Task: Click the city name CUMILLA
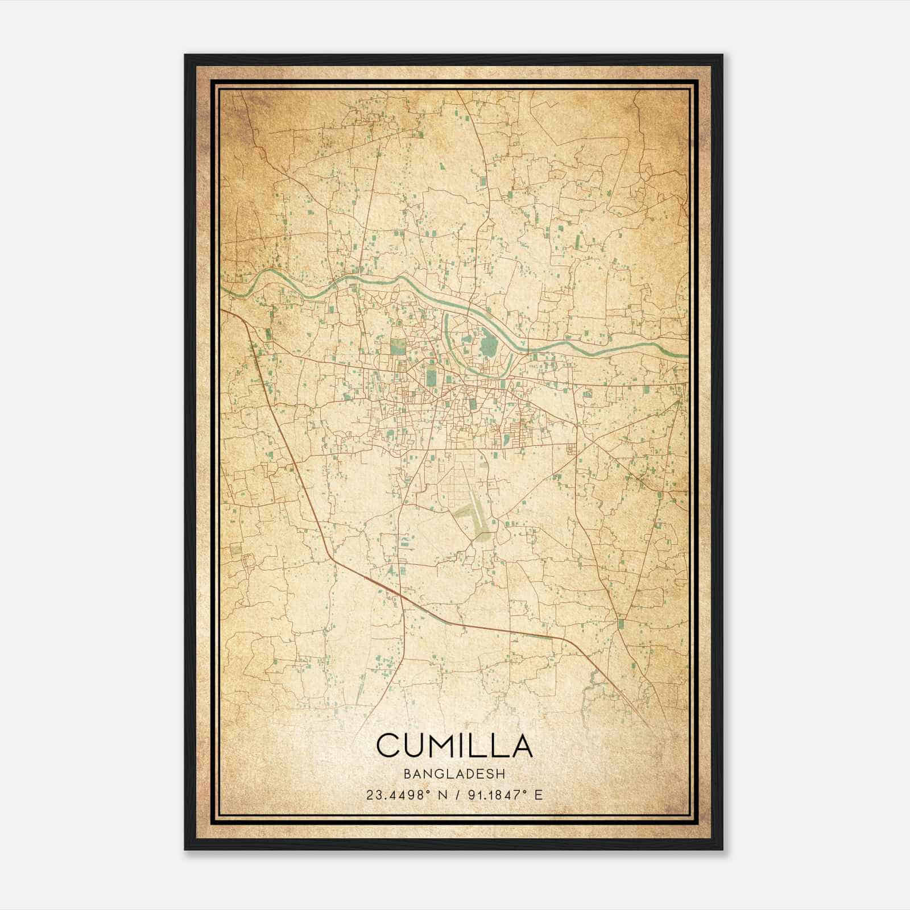click(454, 745)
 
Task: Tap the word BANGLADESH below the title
click(454, 774)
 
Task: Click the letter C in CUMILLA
click(388, 745)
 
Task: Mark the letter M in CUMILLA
click(445, 745)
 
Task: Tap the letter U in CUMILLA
click(415, 745)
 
